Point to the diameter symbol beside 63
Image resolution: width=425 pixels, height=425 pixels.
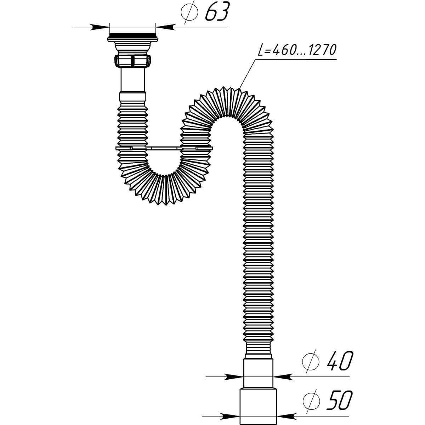click(x=189, y=12)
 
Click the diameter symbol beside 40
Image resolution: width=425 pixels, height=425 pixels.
click(x=311, y=363)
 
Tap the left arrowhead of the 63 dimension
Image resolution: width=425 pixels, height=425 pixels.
click(x=100, y=27)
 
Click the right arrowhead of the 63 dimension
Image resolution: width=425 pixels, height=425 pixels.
click(x=165, y=27)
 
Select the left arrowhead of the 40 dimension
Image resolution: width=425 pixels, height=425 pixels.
click(x=233, y=377)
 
